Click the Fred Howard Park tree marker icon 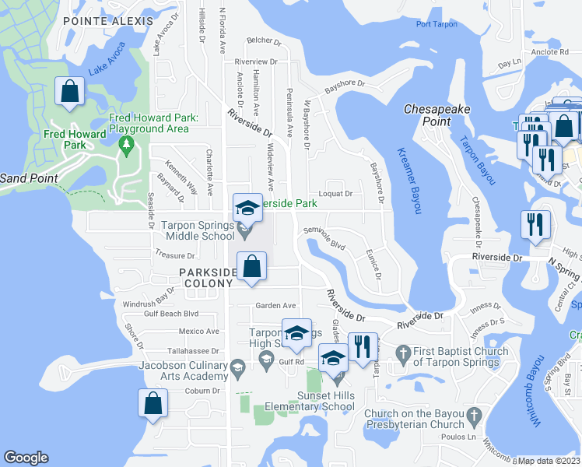pyautogui.click(x=125, y=144)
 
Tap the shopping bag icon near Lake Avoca pyautogui.click(x=69, y=92)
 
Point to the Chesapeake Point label pyautogui.click(x=437, y=115)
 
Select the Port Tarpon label pyautogui.click(x=435, y=24)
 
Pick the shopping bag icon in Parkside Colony pyautogui.click(x=251, y=266)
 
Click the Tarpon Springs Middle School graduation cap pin pyautogui.click(x=247, y=209)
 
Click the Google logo pyautogui.click(x=26, y=458)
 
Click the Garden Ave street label pyautogui.click(x=276, y=305)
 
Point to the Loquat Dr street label pyautogui.click(x=335, y=194)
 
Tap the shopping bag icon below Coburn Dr pyautogui.click(x=153, y=404)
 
